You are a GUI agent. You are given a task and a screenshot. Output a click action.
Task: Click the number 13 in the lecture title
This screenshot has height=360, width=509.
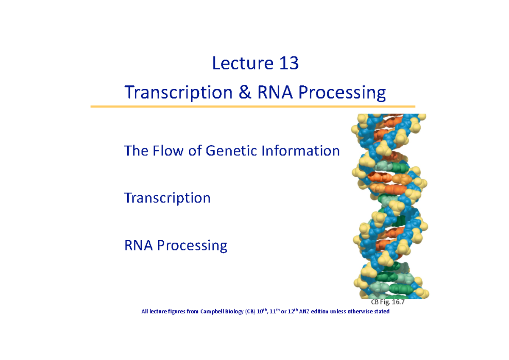pyautogui.click(x=289, y=64)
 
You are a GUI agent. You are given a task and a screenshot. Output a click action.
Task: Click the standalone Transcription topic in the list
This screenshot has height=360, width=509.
pyautogui.click(x=167, y=198)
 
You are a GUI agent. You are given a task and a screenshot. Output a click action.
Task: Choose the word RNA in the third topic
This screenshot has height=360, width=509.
pyautogui.click(x=139, y=245)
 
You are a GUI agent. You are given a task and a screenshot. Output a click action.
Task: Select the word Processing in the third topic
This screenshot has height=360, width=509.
pyautogui.click(x=192, y=246)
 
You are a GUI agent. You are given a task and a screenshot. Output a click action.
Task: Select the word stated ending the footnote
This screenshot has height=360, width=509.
pyautogui.click(x=380, y=312)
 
